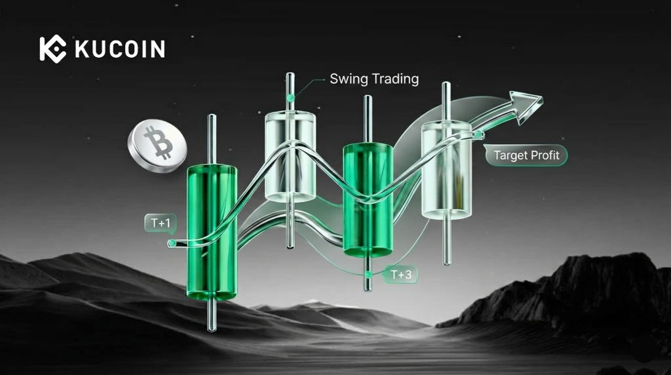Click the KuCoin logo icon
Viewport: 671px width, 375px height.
pyautogui.click(x=53, y=49)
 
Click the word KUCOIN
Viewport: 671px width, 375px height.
pyautogui.click(x=120, y=49)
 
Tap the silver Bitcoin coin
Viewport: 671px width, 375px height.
pyautogui.click(x=157, y=146)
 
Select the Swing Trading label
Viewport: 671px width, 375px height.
pyautogui.click(x=374, y=79)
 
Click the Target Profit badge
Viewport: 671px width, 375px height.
pyautogui.click(x=526, y=155)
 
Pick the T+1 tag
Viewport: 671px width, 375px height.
pyautogui.click(x=160, y=223)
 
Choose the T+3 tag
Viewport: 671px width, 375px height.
pyautogui.click(x=401, y=274)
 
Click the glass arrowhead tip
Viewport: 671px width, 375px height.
pyautogui.click(x=542, y=98)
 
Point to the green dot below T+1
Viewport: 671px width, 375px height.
pyautogui.click(x=172, y=243)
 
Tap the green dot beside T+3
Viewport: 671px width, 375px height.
pyautogui.click(x=369, y=274)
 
